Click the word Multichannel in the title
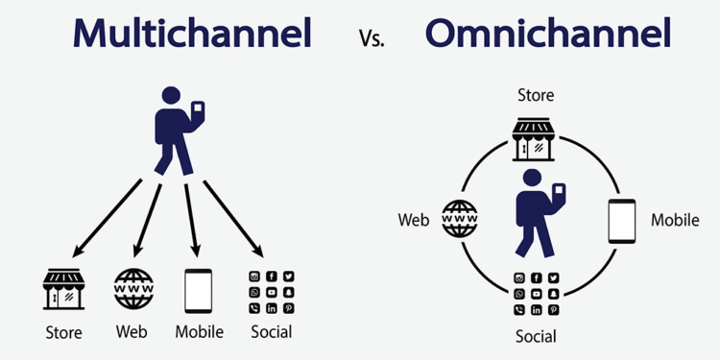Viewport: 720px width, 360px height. [x=193, y=34]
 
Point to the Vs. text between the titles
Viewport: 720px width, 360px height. [x=372, y=39]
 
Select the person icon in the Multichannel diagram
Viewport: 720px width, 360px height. [x=174, y=130]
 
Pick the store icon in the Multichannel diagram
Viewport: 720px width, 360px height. [x=63, y=289]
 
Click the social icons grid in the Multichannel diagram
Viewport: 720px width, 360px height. [x=271, y=292]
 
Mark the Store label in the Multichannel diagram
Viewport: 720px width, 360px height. [x=63, y=333]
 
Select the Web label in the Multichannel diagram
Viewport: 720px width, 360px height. [x=132, y=332]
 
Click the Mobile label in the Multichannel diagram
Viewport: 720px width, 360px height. [x=199, y=332]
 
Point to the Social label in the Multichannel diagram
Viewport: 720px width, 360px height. [x=271, y=332]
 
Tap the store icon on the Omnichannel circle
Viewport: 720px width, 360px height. [x=535, y=139]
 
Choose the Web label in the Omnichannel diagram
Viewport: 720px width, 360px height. [x=413, y=221]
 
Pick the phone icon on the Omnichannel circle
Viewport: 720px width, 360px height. [x=622, y=220]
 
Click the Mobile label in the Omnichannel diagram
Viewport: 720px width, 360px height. [x=675, y=221]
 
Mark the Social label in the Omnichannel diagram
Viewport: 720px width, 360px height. [x=536, y=336]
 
